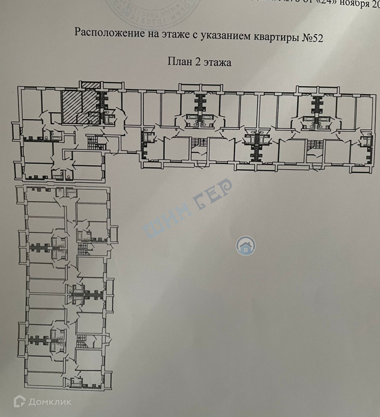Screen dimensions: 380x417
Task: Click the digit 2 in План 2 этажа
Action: click(x=197, y=62)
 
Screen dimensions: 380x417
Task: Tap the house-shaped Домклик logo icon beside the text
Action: click(x=20, y=402)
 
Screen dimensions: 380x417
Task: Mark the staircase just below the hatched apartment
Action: click(x=94, y=143)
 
